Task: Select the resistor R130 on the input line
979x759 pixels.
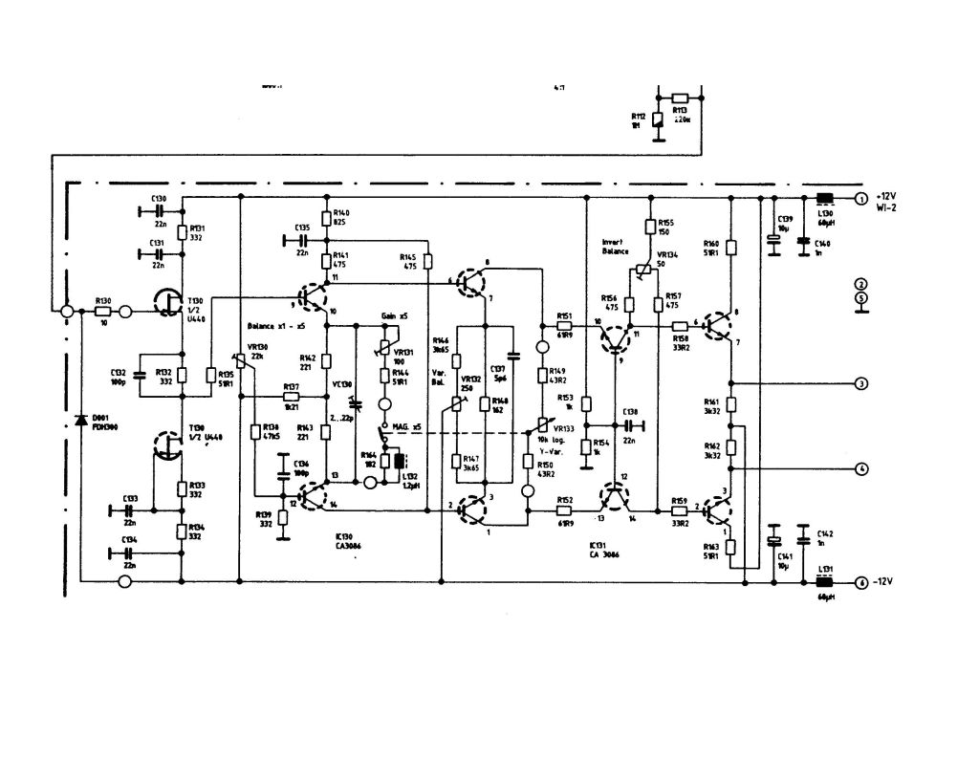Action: (x=103, y=312)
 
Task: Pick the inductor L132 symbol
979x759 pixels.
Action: (x=399, y=462)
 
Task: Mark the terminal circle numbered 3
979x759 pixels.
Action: (x=860, y=383)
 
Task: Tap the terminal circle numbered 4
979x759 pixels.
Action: (x=860, y=468)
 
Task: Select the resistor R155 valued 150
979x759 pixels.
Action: (x=650, y=228)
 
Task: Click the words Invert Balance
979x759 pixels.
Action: (x=616, y=247)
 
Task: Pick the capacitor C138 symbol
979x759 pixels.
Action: (x=631, y=424)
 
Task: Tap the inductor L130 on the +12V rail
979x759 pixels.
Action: (x=823, y=200)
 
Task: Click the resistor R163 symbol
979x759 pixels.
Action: (x=730, y=547)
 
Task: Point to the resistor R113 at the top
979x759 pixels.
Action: (x=680, y=98)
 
